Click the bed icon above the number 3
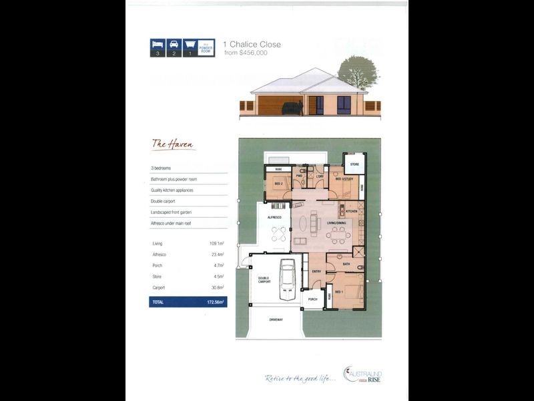point(158,44)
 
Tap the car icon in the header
point(174,44)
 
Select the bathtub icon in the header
point(190,44)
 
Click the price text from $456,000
point(246,53)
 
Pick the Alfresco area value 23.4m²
point(216,255)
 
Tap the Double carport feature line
point(164,201)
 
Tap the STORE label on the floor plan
point(354,164)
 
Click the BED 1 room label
point(339,292)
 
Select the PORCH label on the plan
point(312,299)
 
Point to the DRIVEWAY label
point(276,319)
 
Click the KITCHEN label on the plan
point(352,211)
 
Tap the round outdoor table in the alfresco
point(279,234)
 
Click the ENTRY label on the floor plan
point(316,271)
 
